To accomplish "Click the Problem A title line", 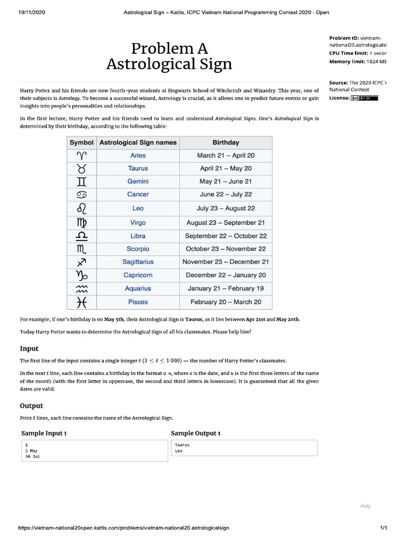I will [169, 49].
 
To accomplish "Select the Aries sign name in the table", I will [138, 156].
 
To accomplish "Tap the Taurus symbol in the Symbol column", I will [82, 169].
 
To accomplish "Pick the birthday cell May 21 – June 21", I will [226, 181].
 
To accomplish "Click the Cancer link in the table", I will [138, 195].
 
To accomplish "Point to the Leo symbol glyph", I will [82, 208].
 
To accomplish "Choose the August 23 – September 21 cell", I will [226, 223].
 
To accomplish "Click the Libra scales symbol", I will [82, 236].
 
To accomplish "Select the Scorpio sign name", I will [138, 249].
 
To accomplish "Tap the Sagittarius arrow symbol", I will [82, 262].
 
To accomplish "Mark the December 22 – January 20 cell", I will [226, 275].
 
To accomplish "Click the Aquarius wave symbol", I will [82, 288].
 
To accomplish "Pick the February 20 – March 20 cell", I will [226, 302].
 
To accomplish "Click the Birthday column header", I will [226, 142].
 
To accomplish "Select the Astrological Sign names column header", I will [138, 142].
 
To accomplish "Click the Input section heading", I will [29, 349].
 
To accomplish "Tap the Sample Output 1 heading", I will [196, 433].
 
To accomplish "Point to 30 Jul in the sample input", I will [32, 457].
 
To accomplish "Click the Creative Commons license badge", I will [364, 98].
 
